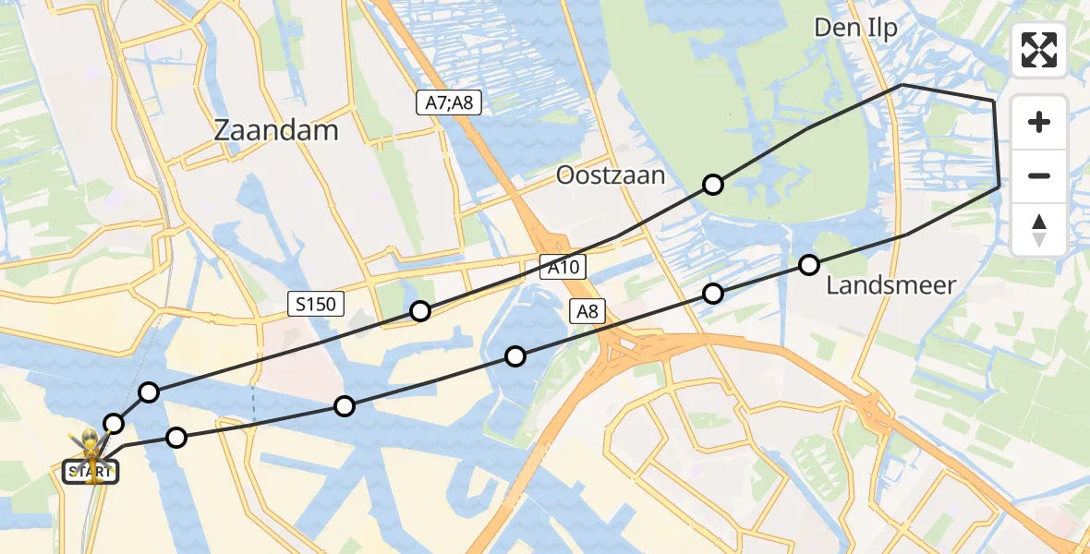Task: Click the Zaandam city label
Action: (x=276, y=130)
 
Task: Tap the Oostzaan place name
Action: (x=611, y=175)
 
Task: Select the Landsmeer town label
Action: (x=890, y=285)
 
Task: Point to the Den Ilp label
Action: (x=855, y=29)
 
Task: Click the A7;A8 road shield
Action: (x=448, y=102)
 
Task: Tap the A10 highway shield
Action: (x=563, y=268)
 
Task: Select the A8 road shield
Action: (x=587, y=312)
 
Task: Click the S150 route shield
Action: (x=316, y=304)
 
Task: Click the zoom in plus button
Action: (x=1039, y=122)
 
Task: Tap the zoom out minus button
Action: (x=1039, y=175)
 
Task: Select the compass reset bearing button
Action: (x=1039, y=229)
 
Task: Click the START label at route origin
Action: (x=91, y=473)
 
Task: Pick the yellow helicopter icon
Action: (x=90, y=448)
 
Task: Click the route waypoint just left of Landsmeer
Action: (x=809, y=265)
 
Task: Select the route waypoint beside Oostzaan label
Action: (x=713, y=185)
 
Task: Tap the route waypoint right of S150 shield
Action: (x=420, y=311)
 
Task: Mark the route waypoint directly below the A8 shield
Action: (x=713, y=294)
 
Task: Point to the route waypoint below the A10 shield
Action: (x=515, y=356)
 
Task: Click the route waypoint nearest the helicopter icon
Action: (x=114, y=424)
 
